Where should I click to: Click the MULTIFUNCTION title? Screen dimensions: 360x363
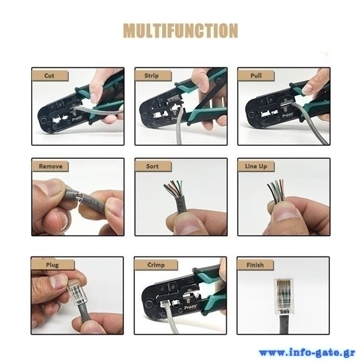pyautogui.click(x=180, y=30)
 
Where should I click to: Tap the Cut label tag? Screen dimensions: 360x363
pyautogui.click(x=50, y=76)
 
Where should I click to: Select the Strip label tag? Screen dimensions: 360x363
pyautogui.click(x=153, y=76)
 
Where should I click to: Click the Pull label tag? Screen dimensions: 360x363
pyautogui.click(x=256, y=76)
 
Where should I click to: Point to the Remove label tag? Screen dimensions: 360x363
pyautogui.click(x=50, y=166)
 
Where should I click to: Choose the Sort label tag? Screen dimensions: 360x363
pyautogui.click(x=153, y=166)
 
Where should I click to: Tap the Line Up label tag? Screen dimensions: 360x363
pyautogui.click(x=256, y=166)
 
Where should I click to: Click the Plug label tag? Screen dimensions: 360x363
pyautogui.click(x=53, y=265)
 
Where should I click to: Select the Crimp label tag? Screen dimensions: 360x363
pyautogui.click(x=156, y=265)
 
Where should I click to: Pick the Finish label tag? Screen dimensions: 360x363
pyautogui.click(x=255, y=265)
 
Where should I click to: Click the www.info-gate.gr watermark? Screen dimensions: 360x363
pyautogui.click(x=307, y=353)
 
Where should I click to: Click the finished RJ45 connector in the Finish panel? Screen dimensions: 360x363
pyautogui.click(x=283, y=296)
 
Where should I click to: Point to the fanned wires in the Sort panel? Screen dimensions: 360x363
pyautogui.click(x=174, y=189)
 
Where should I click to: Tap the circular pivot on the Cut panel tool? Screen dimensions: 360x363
pyautogui.click(x=43, y=121)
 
